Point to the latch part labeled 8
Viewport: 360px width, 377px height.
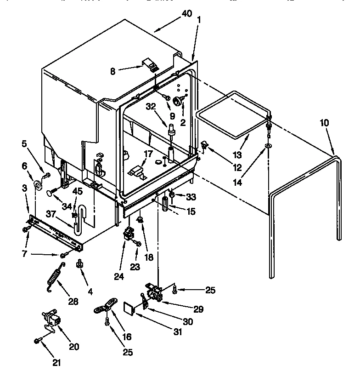(149, 63)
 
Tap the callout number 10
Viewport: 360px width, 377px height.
(324, 123)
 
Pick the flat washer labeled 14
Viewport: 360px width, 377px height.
(267, 147)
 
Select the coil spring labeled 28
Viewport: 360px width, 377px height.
(54, 278)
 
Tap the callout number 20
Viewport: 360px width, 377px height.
(73, 347)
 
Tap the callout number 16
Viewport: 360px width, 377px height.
(127, 336)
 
